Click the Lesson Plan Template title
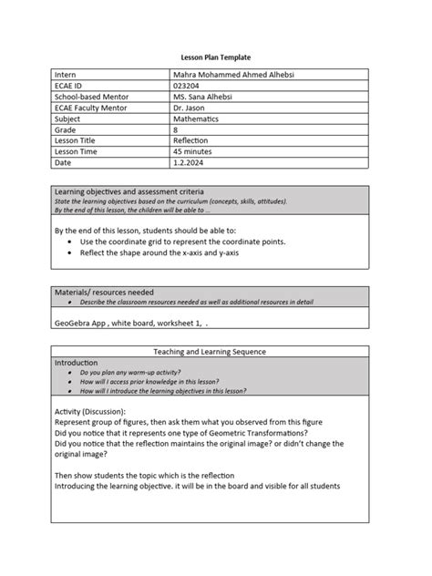[216, 57]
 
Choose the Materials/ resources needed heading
[104, 291]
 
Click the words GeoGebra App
[79, 322]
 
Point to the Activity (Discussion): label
[91, 412]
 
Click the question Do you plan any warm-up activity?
[143, 372]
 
